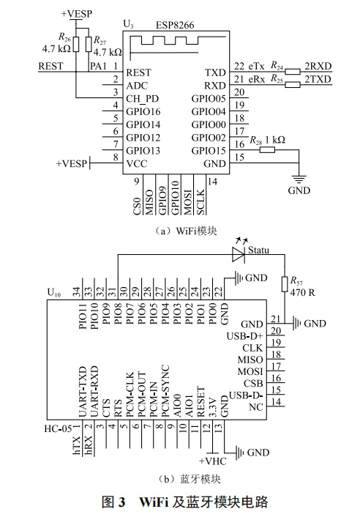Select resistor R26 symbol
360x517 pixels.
point(75,43)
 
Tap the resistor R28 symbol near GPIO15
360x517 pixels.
point(267,149)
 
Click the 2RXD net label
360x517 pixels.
point(318,66)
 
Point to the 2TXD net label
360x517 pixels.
point(318,78)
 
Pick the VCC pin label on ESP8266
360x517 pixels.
point(138,163)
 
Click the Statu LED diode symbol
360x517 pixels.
point(237,254)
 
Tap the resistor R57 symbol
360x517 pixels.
point(283,286)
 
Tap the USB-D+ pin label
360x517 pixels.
point(247,335)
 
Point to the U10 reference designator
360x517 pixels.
point(53,291)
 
